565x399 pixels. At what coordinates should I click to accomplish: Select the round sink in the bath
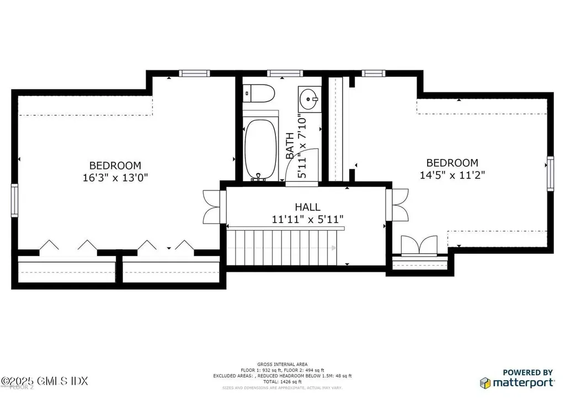(x=307, y=99)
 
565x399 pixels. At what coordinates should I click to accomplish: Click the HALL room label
(x=307, y=207)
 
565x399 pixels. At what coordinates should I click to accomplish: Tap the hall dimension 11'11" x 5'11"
(x=307, y=219)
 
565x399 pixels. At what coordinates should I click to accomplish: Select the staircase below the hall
(x=283, y=248)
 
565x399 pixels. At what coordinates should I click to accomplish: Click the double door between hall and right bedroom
(x=399, y=205)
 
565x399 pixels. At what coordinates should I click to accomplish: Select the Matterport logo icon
(x=485, y=382)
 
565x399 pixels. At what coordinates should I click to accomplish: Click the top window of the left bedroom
(x=194, y=73)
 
